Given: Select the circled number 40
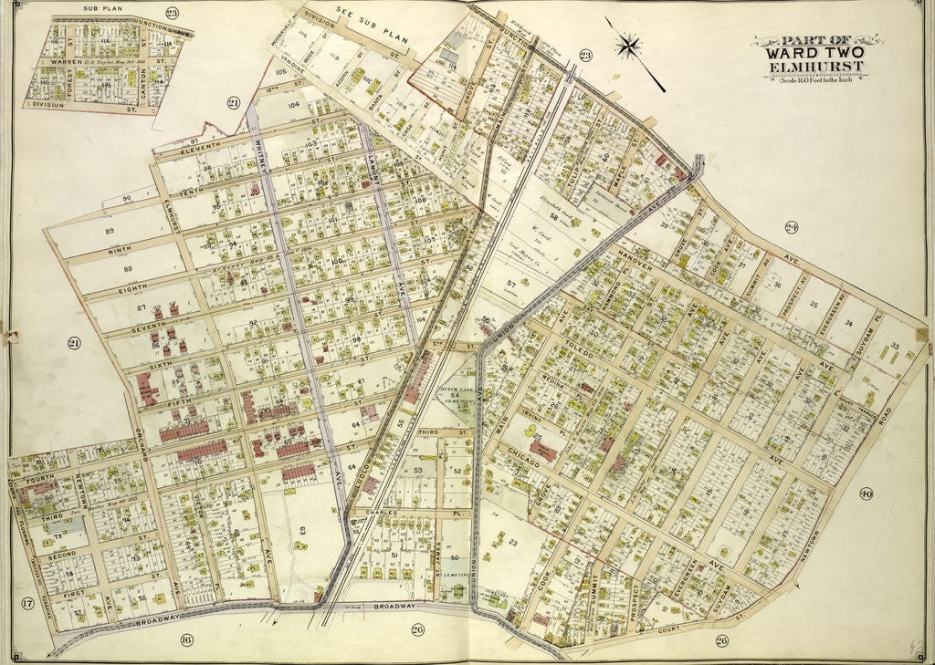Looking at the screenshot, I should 866,494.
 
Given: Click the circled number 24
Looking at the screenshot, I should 792,227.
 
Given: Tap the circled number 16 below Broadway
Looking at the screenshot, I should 186,639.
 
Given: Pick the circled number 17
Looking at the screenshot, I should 28,603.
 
